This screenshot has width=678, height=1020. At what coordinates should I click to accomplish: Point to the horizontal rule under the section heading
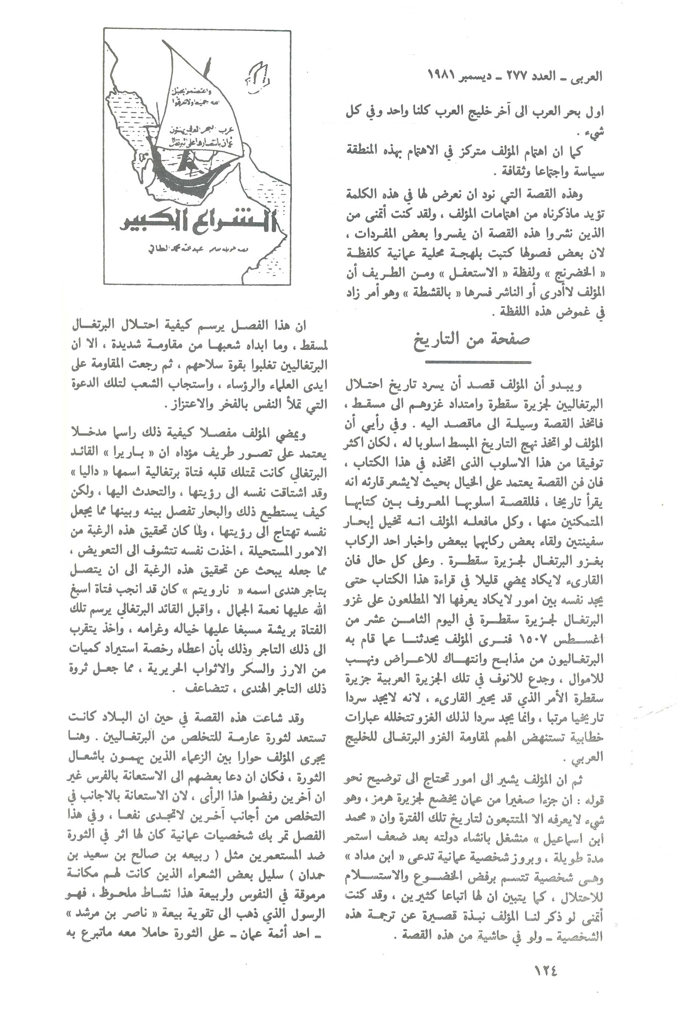tap(478, 361)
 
